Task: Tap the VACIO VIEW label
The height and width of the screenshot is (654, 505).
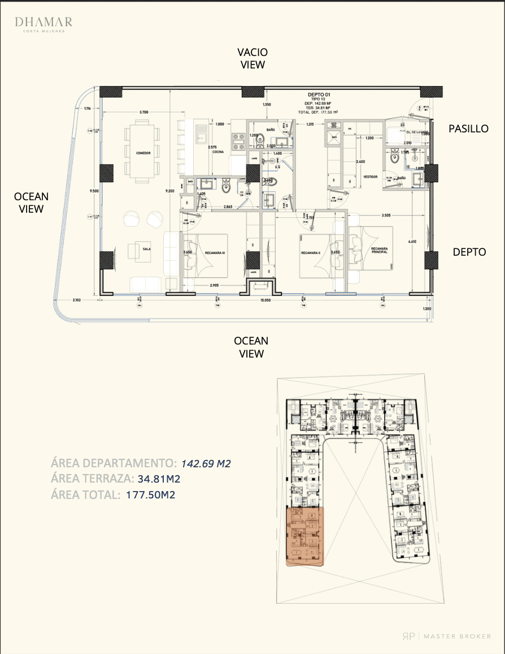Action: click(252, 58)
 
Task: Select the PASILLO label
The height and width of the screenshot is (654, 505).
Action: click(468, 128)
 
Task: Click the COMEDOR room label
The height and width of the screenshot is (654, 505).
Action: click(143, 153)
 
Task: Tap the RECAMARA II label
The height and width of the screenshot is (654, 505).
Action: click(311, 253)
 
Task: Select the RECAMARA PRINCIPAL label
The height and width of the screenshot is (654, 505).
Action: click(380, 250)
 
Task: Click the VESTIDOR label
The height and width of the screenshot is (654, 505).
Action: click(370, 177)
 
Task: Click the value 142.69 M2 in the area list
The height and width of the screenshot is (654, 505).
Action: click(206, 464)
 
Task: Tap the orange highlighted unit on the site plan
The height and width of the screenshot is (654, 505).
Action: click(306, 536)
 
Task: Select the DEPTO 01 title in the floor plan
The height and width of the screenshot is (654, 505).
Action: click(319, 94)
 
